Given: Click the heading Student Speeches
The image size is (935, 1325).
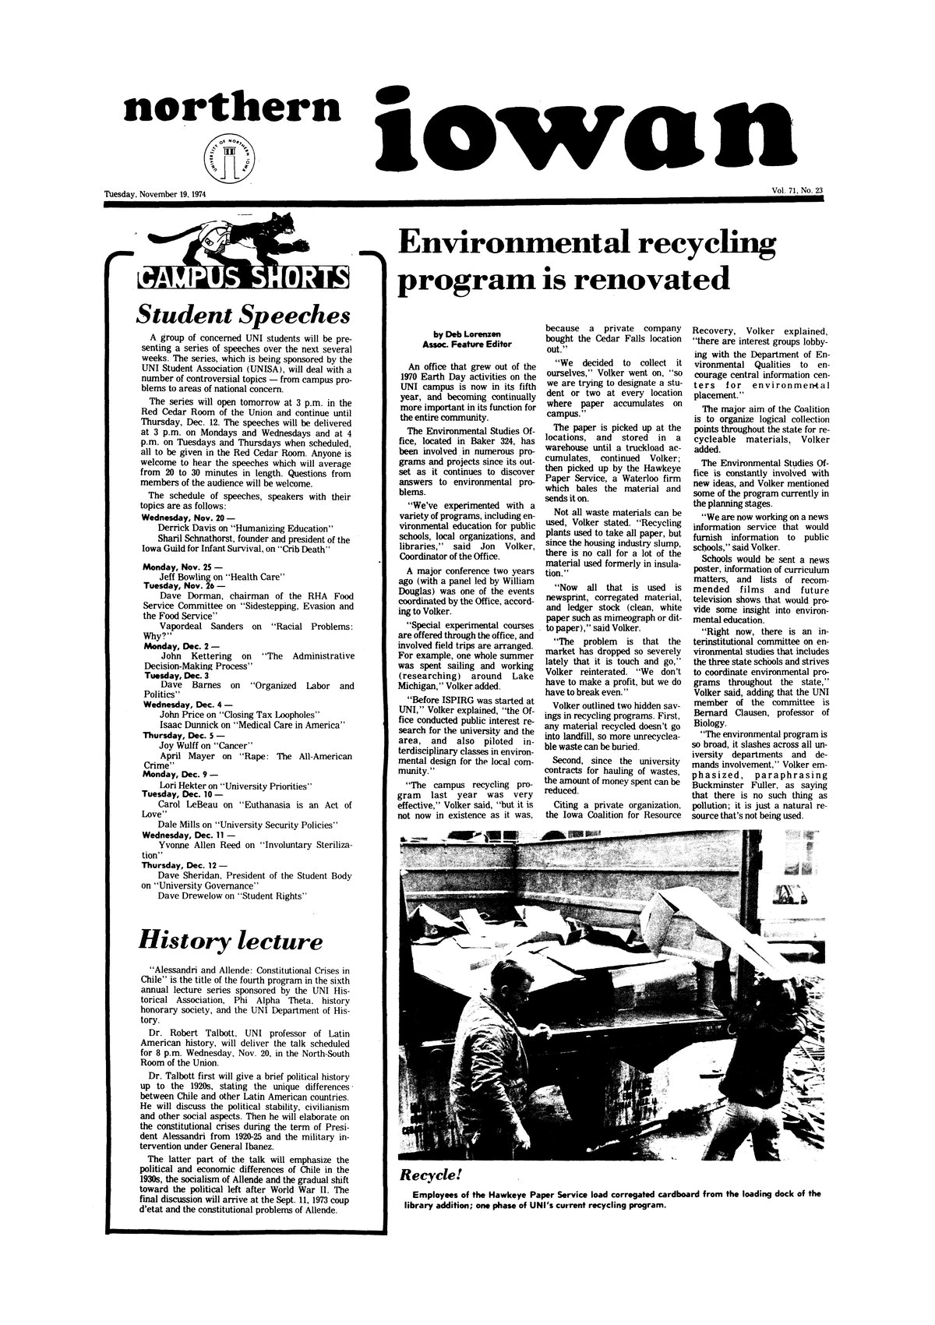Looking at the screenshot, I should point(242,316).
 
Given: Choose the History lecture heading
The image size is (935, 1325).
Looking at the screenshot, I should point(231,941).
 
